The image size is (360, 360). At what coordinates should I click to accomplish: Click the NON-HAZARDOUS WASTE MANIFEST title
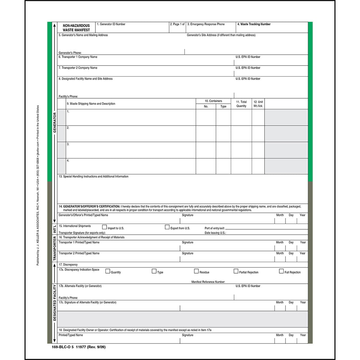(x=76, y=28)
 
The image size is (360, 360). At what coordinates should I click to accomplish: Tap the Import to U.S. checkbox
(x=105, y=227)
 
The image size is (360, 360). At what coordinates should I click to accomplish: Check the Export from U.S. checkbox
(x=167, y=227)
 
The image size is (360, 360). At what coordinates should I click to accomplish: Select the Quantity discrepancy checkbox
(x=107, y=271)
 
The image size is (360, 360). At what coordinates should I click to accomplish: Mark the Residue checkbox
(x=197, y=271)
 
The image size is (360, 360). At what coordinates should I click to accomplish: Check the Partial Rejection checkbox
(x=236, y=271)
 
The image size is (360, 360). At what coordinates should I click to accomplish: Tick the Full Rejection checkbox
(x=281, y=271)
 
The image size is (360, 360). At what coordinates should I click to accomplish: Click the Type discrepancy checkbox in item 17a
(x=154, y=271)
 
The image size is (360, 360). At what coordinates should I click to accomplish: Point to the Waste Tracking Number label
(x=254, y=24)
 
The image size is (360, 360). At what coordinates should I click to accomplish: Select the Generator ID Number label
(x=111, y=24)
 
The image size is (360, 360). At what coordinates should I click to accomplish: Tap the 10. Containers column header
(x=213, y=101)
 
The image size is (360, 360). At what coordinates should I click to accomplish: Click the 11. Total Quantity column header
(x=241, y=104)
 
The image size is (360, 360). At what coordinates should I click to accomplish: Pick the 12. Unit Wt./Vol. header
(x=258, y=104)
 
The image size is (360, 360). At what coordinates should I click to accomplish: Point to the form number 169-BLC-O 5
(x=63, y=347)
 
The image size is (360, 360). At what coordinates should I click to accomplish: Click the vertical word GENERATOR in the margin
(x=55, y=122)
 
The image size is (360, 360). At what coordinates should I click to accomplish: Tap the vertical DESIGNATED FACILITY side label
(x=55, y=302)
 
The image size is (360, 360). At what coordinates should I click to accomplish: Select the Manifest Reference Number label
(x=208, y=282)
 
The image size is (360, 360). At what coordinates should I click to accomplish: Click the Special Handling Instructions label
(x=94, y=177)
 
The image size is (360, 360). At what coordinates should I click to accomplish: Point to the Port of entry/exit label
(x=215, y=228)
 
